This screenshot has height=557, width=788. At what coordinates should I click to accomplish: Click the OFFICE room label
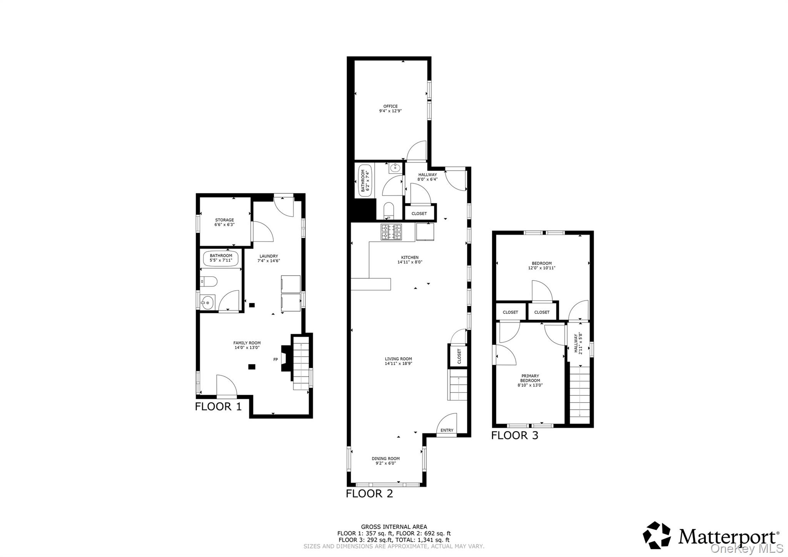[390, 106]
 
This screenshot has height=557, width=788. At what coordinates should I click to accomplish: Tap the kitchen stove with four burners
[391, 232]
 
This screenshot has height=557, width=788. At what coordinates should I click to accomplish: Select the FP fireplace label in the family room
[275, 360]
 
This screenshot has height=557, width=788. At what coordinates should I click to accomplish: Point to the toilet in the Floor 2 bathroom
[389, 210]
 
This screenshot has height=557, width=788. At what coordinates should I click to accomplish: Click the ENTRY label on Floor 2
[447, 430]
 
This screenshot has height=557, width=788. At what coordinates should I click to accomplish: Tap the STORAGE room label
[224, 220]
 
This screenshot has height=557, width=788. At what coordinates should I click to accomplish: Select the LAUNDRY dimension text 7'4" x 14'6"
[269, 261]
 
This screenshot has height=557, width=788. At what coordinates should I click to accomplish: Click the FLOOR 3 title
[514, 435]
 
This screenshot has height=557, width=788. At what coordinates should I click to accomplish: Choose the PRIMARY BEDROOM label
[530, 378]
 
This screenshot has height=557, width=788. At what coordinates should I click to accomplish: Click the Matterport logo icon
[656, 535]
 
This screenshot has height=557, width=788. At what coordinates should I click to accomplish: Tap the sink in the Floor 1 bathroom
[208, 303]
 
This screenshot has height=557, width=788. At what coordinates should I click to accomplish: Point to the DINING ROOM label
[386, 458]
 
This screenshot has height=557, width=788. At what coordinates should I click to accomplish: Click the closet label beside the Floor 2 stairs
[459, 356]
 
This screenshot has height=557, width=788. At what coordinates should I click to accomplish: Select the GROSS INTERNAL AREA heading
[394, 527]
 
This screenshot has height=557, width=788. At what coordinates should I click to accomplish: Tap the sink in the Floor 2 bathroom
[395, 168]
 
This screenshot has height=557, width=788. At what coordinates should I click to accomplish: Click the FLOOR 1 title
[218, 406]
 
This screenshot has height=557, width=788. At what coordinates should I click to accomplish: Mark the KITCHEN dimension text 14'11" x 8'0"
[410, 262]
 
